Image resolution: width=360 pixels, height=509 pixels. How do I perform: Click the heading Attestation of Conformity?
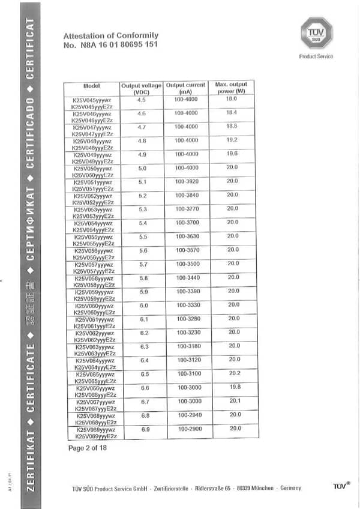click(x=110, y=36)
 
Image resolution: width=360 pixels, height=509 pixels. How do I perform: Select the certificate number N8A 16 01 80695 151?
click(x=110, y=45)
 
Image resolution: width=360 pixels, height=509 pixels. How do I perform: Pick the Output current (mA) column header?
click(x=185, y=88)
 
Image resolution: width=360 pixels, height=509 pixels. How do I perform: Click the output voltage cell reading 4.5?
click(x=142, y=100)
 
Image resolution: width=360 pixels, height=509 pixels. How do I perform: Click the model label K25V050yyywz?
click(x=92, y=169)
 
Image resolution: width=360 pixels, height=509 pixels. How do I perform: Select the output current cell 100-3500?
click(x=187, y=264)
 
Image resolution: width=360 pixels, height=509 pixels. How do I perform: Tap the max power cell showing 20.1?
click(x=234, y=401)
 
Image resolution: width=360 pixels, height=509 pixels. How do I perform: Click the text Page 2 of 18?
click(x=88, y=448)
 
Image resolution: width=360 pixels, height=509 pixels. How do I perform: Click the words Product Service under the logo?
click(x=316, y=57)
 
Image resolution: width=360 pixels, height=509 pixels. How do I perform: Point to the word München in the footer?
click(x=279, y=489)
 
